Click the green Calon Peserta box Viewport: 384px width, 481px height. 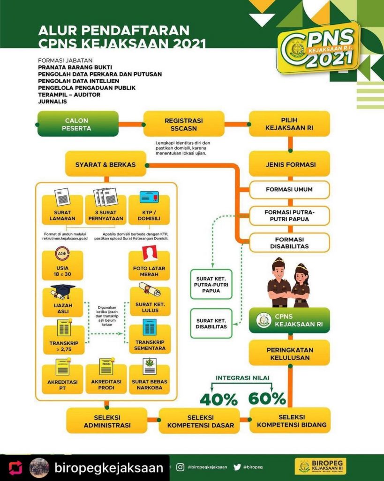click(77, 124)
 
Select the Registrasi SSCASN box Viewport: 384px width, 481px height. click(183, 124)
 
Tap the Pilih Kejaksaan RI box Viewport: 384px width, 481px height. click(289, 124)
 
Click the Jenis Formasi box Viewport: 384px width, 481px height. click(289, 164)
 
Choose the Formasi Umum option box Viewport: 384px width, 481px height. click(289, 190)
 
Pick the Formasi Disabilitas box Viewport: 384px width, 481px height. click(289, 242)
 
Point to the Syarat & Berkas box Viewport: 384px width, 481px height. click(105, 164)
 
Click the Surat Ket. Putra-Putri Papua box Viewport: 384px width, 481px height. click(211, 284)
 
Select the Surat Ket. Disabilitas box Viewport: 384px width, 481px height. click(211, 323)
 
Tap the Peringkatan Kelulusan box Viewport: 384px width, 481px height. click(289, 353)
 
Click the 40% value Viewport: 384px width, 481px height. click(218, 399)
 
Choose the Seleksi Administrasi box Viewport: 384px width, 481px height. click(105, 420)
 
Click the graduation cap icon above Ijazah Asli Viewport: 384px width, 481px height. click(62, 291)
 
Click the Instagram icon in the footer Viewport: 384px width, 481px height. click(180, 467)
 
